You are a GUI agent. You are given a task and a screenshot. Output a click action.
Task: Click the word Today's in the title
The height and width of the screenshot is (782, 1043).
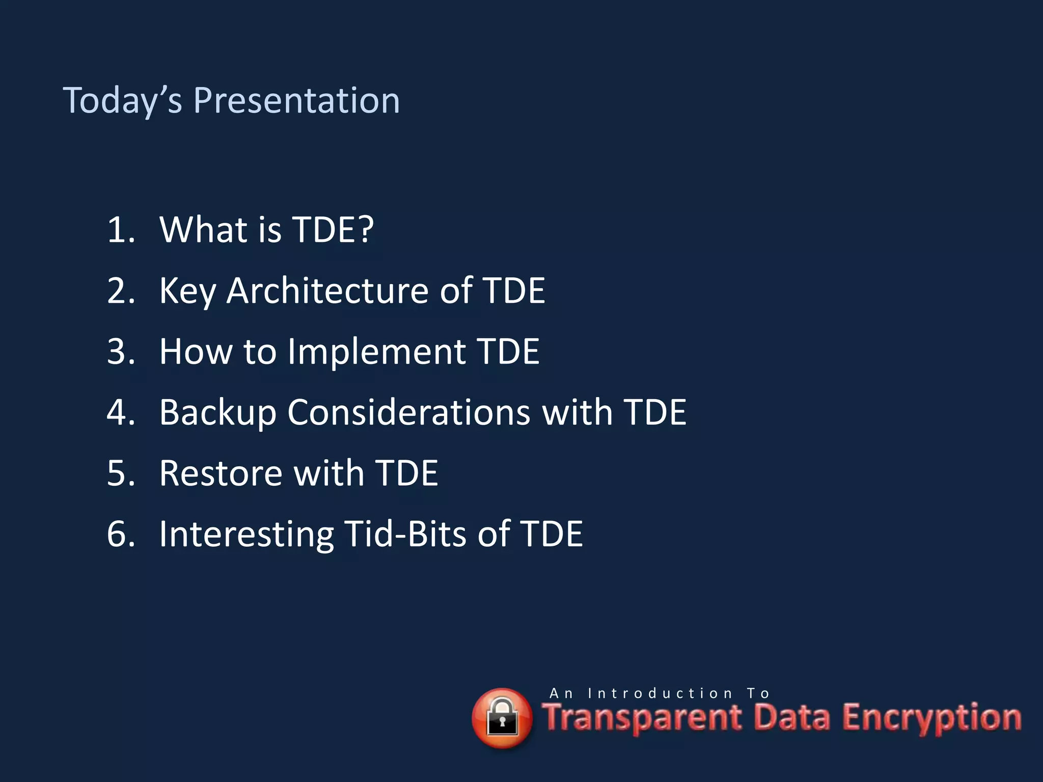coord(122,100)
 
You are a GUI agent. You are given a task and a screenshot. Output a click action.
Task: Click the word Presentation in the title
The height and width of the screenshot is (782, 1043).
coord(296,100)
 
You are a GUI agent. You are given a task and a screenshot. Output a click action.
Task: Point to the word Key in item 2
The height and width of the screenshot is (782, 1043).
coord(187,292)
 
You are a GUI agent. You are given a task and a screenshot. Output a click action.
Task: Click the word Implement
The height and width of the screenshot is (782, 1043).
coord(376,352)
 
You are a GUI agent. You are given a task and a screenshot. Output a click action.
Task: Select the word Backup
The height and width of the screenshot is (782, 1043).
coord(217,412)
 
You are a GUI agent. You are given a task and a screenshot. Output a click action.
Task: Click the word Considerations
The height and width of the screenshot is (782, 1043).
coord(408,412)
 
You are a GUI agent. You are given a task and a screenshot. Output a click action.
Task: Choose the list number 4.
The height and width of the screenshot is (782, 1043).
coord(121,412)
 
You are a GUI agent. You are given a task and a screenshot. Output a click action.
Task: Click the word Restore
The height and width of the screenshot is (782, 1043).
coord(221,473)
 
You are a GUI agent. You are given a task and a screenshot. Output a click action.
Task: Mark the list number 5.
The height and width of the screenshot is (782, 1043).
coord(121,473)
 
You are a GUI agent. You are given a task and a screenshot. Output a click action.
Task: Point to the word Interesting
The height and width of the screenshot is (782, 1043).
coord(246,534)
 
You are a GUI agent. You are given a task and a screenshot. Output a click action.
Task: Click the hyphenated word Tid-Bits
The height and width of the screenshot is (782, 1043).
coord(405,534)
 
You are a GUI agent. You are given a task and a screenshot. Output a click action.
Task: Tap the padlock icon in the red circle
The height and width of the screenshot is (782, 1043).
coord(502,718)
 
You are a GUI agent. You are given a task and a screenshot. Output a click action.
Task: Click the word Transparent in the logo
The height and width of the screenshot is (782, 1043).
coord(642,718)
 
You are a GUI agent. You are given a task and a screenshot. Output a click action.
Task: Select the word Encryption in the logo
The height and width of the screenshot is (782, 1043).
coord(931,718)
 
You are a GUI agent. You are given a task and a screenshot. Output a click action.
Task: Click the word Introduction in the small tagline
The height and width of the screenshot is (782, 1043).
coord(660,693)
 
